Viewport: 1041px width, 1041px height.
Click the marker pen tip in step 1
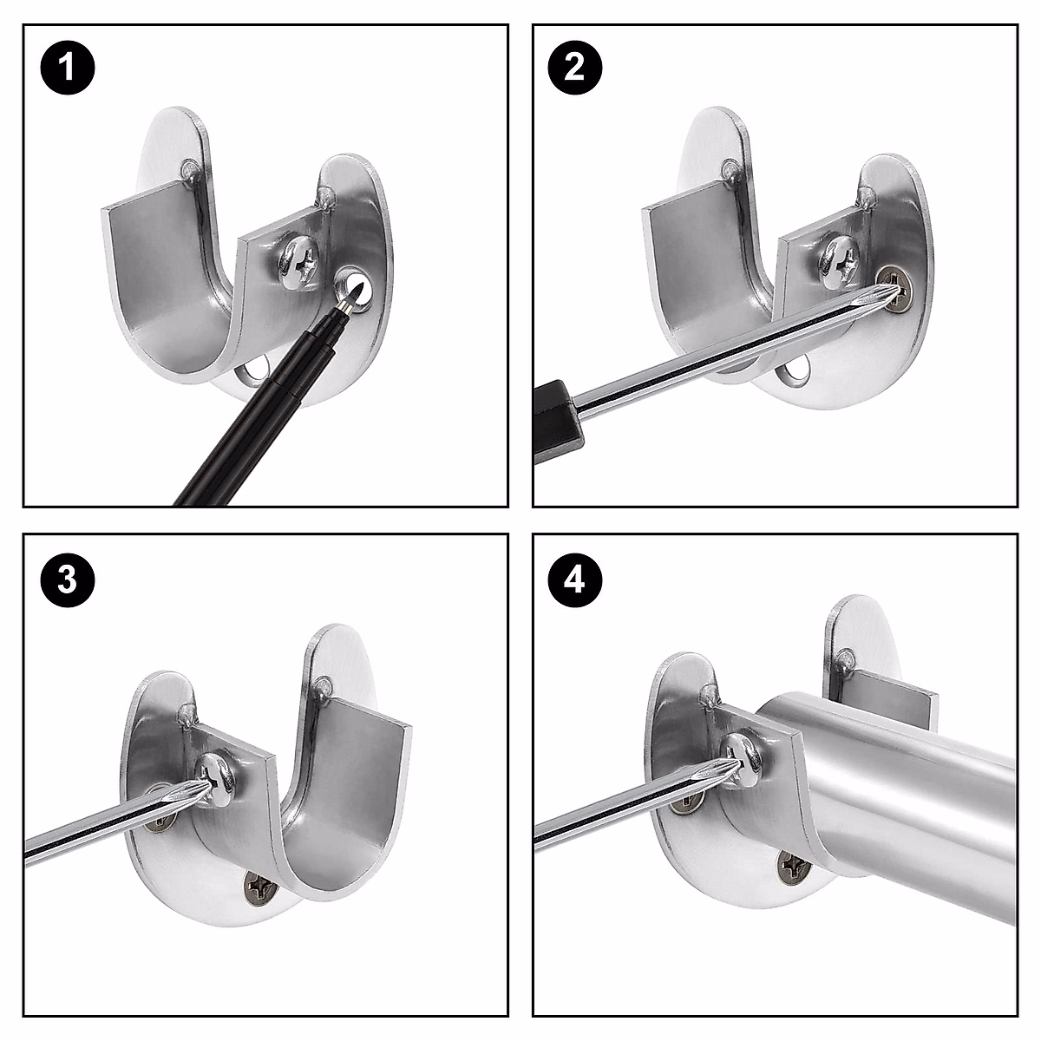(x=350, y=301)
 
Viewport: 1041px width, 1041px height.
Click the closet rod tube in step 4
(x=911, y=781)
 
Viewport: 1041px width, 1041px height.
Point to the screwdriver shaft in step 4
(x=625, y=812)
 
